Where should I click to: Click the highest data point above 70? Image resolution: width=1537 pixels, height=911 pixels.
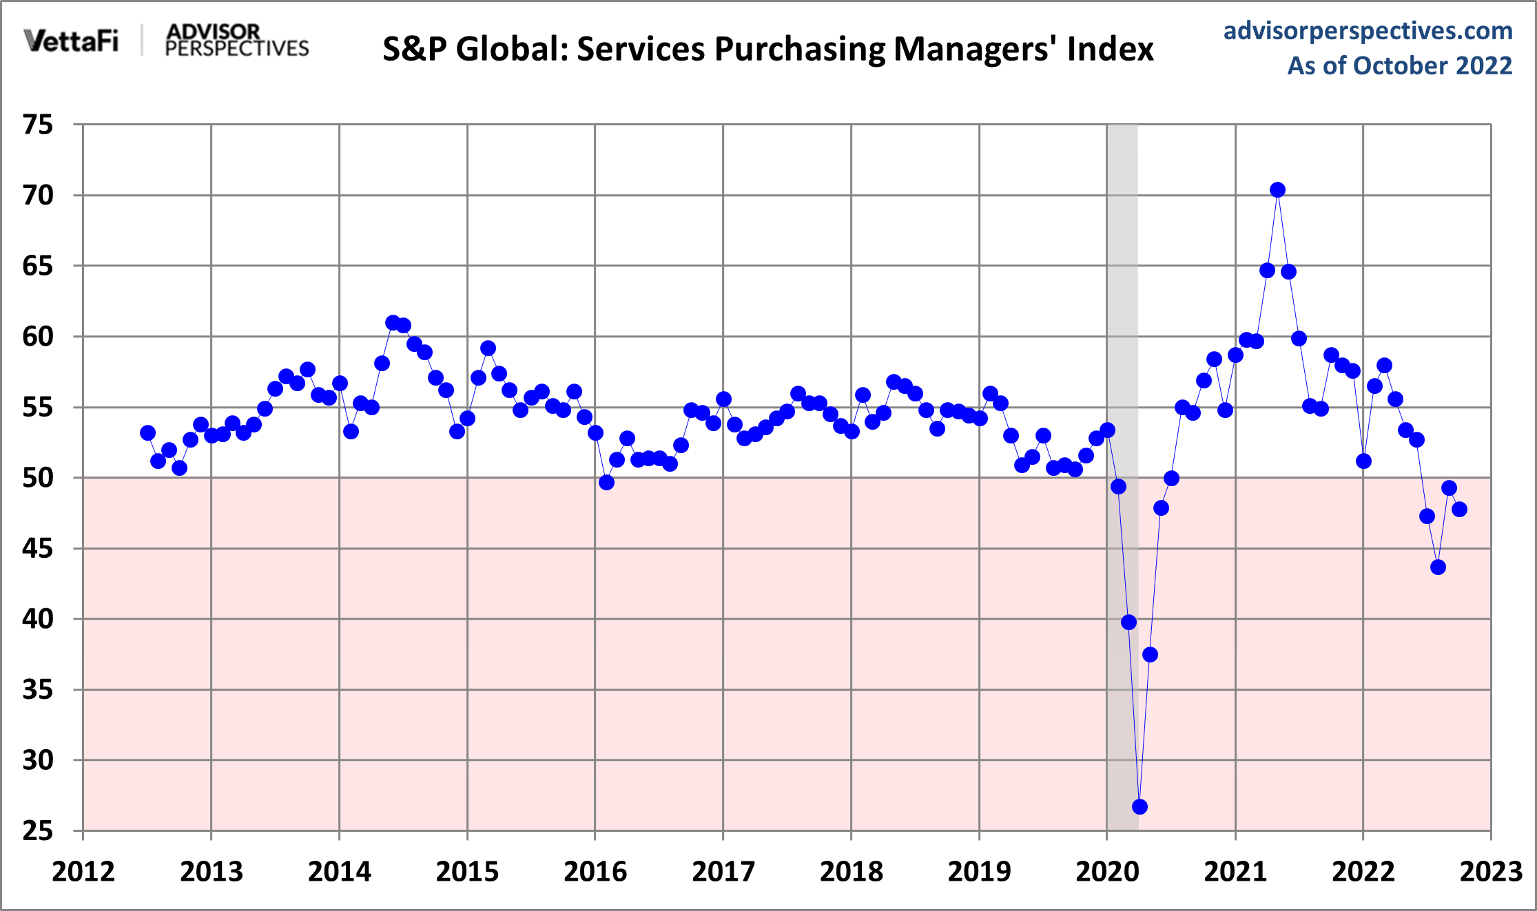(x=1277, y=190)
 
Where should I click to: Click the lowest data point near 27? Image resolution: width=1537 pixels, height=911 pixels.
(x=1139, y=806)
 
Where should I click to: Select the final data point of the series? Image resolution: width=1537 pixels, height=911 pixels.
(x=1459, y=510)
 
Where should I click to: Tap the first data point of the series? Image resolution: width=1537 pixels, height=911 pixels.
(x=147, y=433)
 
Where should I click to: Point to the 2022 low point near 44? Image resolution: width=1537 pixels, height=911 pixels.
(x=1438, y=567)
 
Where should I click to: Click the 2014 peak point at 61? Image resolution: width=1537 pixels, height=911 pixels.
(x=393, y=323)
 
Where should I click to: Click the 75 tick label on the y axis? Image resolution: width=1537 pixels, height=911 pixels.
(x=38, y=125)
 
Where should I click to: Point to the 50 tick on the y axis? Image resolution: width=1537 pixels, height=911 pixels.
(x=38, y=478)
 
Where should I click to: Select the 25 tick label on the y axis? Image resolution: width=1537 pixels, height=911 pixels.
(x=38, y=831)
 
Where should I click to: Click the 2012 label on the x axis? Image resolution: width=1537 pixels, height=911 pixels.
(x=83, y=872)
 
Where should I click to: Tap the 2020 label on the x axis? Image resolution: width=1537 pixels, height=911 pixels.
(x=1107, y=872)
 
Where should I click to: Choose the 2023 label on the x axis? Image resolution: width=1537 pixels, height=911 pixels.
(x=1491, y=872)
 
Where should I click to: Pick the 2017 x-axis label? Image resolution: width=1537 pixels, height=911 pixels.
(x=723, y=872)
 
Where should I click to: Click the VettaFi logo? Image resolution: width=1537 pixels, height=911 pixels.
(x=71, y=41)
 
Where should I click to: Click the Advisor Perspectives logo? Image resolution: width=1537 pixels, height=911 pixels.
(x=237, y=41)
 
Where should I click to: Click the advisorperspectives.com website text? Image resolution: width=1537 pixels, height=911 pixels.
(x=1368, y=31)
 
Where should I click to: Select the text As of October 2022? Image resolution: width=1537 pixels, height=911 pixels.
(x=1400, y=66)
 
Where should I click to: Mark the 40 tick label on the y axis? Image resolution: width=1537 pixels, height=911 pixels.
(x=38, y=619)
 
